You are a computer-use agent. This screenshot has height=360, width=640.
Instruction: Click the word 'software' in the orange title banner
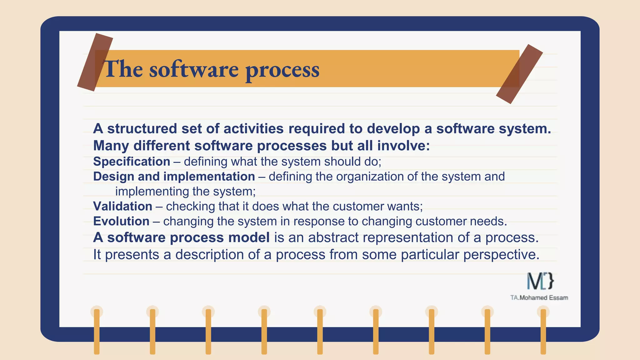194,69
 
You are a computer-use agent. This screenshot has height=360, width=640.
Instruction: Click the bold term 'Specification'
132,162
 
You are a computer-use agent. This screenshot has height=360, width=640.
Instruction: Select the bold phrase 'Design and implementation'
174,177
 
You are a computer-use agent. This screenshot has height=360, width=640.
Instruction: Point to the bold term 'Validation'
122,206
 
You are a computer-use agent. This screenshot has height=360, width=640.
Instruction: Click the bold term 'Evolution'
121,221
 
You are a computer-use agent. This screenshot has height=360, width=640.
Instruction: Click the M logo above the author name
540,281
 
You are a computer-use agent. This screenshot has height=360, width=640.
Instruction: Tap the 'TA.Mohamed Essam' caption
539,298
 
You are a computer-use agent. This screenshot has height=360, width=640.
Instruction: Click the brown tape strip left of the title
95,62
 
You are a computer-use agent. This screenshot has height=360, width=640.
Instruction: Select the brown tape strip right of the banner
519,74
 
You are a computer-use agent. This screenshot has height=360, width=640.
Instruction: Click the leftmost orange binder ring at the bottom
97,331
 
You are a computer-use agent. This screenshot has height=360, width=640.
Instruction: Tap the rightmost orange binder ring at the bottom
543,331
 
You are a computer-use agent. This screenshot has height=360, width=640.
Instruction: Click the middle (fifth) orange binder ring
320,331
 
